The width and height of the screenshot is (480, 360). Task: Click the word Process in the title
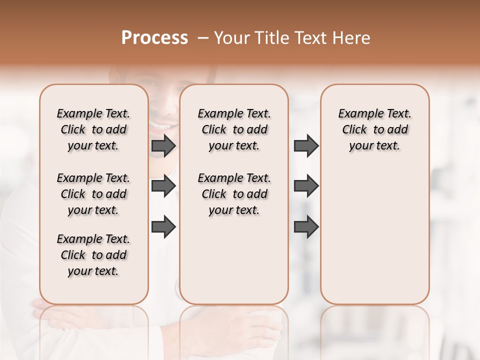(154, 38)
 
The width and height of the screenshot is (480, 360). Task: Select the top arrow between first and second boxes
(163, 145)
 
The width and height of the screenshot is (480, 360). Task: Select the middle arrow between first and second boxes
(163, 186)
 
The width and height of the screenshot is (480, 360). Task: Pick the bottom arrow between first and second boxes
(163, 226)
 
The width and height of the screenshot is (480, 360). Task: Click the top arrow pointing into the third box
(306, 145)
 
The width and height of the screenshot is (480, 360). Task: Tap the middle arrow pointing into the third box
(306, 186)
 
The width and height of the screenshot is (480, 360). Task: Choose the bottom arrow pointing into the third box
(306, 226)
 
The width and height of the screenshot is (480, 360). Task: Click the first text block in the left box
(93, 129)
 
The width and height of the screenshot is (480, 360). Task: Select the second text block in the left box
(93, 194)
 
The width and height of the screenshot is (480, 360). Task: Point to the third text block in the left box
(93, 255)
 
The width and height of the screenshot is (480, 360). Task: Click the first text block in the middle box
(234, 129)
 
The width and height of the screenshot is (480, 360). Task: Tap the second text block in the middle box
(234, 194)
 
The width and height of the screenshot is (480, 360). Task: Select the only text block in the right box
(374, 129)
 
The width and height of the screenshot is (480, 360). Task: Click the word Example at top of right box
(356, 114)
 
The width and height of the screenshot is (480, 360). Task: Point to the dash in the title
(203, 38)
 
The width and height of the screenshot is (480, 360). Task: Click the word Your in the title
(233, 38)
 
